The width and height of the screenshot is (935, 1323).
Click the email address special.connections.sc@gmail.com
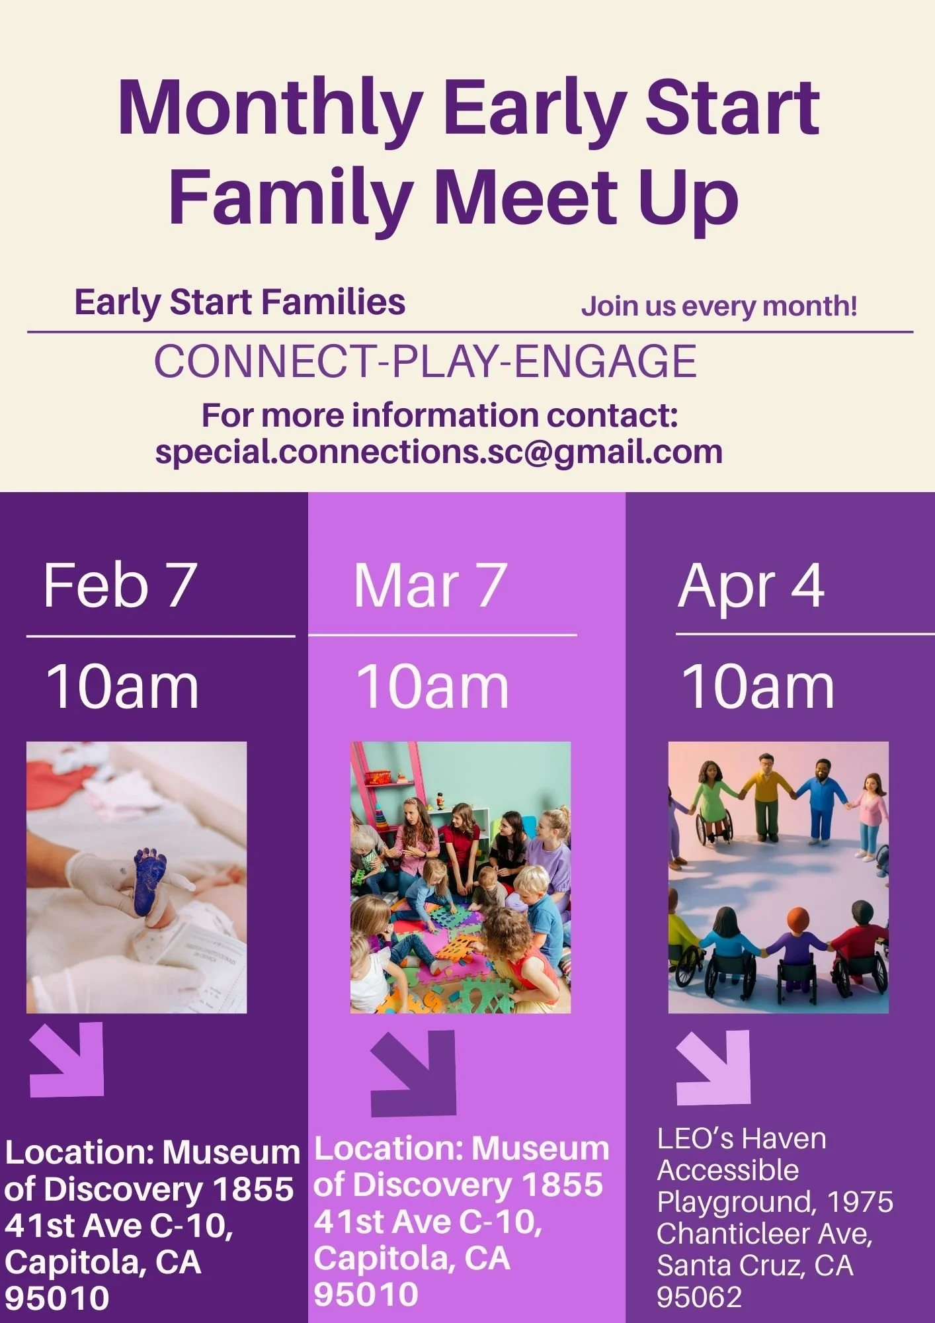click(438, 452)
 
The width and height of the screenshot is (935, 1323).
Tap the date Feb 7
click(120, 585)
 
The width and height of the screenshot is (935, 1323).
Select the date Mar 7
click(430, 585)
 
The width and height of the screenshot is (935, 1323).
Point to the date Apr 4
click(751, 587)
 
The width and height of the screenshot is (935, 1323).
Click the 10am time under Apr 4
click(758, 687)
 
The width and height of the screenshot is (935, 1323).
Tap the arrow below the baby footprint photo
click(69, 1059)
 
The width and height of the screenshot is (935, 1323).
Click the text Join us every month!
click(719, 306)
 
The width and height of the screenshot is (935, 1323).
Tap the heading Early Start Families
click(239, 302)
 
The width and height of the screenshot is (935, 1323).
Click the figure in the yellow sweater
click(766, 797)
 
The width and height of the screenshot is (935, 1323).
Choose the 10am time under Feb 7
click(122, 687)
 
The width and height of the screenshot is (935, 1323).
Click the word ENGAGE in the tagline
click(605, 361)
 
